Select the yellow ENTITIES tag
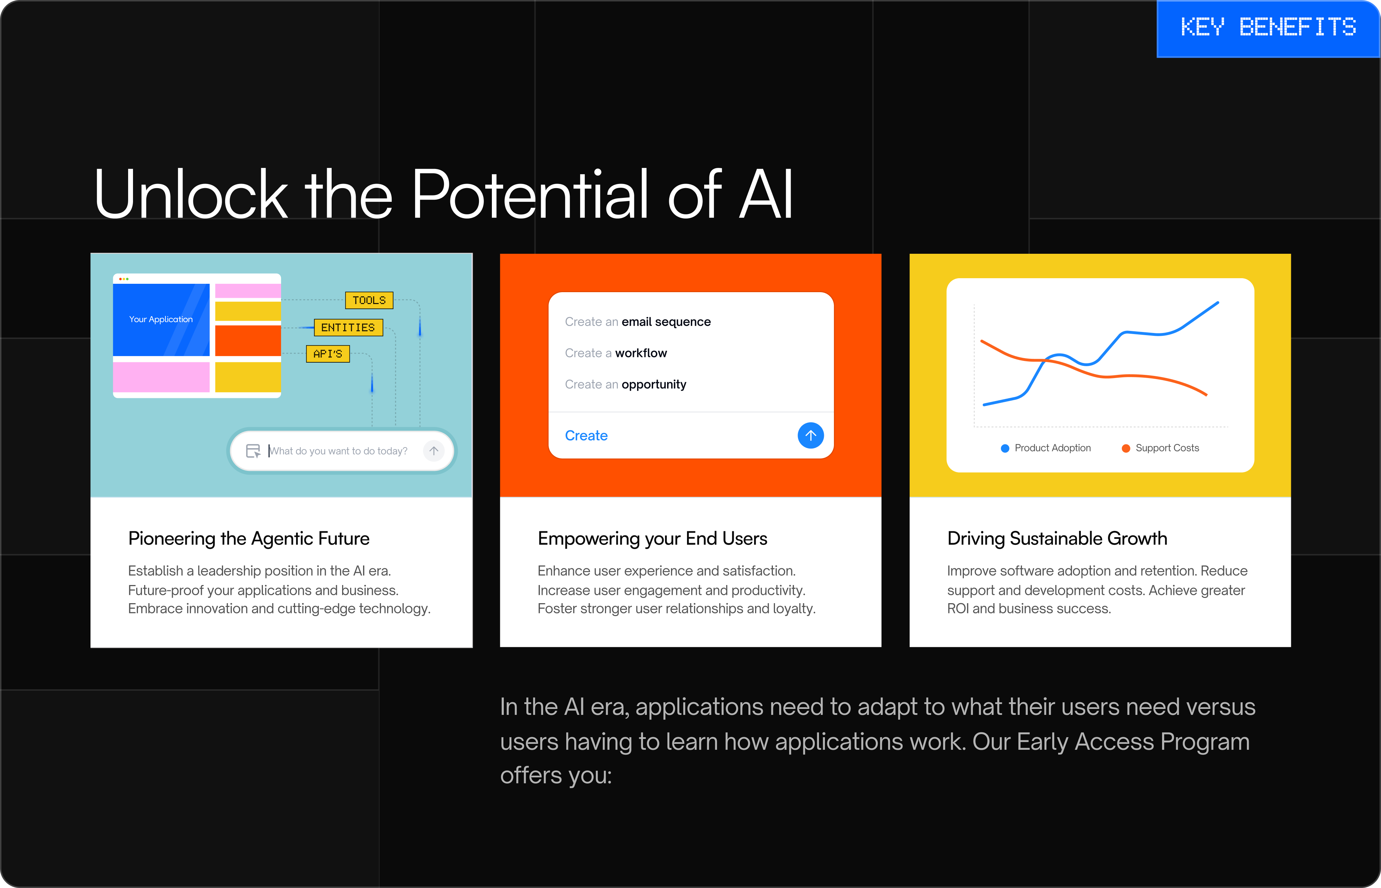coord(348,327)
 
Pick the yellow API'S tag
coord(327,354)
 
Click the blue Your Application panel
coord(161,319)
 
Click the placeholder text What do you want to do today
coord(339,451)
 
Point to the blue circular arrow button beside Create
coord(811,435)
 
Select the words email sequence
coord(666,322)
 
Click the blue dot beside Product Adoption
coord(1005,448)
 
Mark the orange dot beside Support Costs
coord(1125,448)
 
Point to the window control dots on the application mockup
coord(123,279)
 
